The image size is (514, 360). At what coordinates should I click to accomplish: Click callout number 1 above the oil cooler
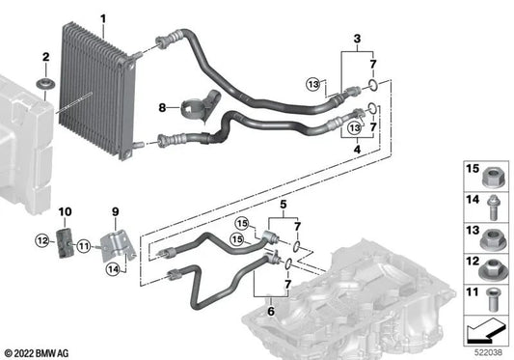[103, 17]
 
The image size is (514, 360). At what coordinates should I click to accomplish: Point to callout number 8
[163, 107]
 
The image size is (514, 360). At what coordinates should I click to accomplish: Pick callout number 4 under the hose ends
[359, 150]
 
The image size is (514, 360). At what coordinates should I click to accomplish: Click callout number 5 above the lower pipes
[283, 206]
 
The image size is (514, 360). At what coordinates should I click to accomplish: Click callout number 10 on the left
[66, 211]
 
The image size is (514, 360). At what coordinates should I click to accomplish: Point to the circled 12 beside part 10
[41, 240]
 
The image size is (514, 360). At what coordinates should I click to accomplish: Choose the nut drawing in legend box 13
[487, 234]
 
